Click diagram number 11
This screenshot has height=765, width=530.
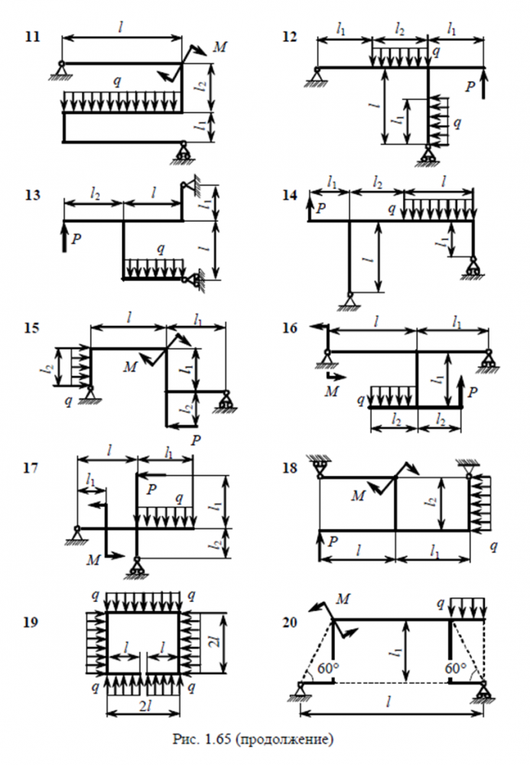pyautogui.click(x=32, y=37)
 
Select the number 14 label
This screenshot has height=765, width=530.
pyautogui.click(x=290, y=195)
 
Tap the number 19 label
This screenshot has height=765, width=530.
pyautogui.click(x=31, y=622)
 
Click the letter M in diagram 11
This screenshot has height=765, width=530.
pyautogui.click(x=220, y=47)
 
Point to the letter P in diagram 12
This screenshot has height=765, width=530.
pyautogui.click(x=470, y=87)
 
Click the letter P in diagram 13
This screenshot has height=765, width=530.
pyautogui.click(x=76, y=239)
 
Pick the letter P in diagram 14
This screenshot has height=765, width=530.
pyautogui.click(x=320, y=209)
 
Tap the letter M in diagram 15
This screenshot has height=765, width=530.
pyautogui.click(x=130, y=367)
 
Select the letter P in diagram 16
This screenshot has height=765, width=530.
pyautogui.click(x=472, y=392)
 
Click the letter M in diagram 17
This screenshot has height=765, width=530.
pyautogui.click(x=93, y=560)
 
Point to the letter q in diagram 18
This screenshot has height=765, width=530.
pyautogui.click(x=493, y=546)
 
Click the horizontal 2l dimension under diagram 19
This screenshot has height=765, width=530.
pyautogui.click(x=144, y=706)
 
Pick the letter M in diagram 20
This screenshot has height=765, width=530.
pyautogui.click(x=343, y=598)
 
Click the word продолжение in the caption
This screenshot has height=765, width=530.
pyautogui.click(x=285, y=740)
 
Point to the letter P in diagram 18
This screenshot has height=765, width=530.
pyautogui.click(x=333, y=541)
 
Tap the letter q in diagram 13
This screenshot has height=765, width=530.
pyautogui.click(x=161, y=249)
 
